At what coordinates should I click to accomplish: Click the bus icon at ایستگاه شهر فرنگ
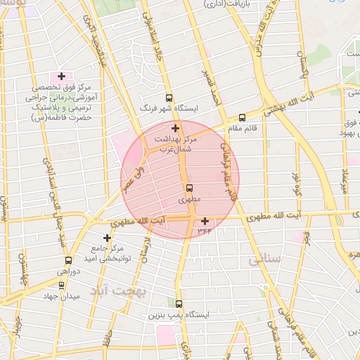(168, 98)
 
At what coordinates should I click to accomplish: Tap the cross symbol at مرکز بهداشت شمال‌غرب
(175, 128)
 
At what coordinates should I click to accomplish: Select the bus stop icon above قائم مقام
(243, 117)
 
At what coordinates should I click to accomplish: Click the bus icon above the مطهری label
(189, 188)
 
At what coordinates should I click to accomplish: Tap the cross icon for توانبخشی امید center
(107, 238)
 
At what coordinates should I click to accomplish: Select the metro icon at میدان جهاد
(62, 285)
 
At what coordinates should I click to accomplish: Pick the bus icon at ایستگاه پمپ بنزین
(179, 304)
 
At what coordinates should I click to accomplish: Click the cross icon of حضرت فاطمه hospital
(62, 76)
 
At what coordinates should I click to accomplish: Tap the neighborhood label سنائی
(264, 261)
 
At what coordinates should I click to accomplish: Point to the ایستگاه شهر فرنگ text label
(169, 109)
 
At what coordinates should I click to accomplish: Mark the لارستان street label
(146, 250)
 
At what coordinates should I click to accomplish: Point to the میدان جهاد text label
(62, 297)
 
